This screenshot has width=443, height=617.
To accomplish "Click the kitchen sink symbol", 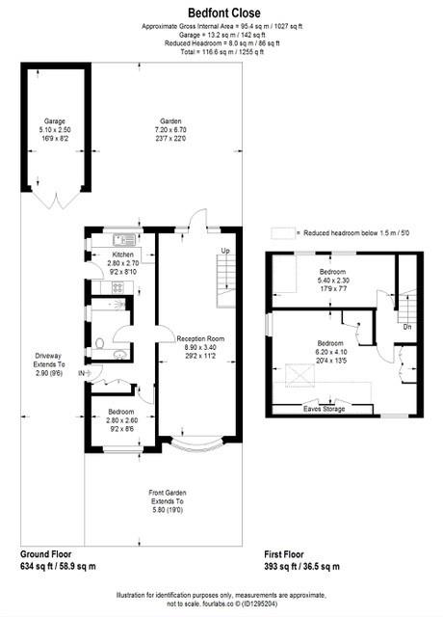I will [x=122, y=239].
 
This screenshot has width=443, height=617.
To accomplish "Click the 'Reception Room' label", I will [x=200, y=339].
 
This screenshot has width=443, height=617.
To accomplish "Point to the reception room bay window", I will [x=197, y=449].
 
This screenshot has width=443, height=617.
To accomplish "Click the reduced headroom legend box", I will [x=283, y=233].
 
